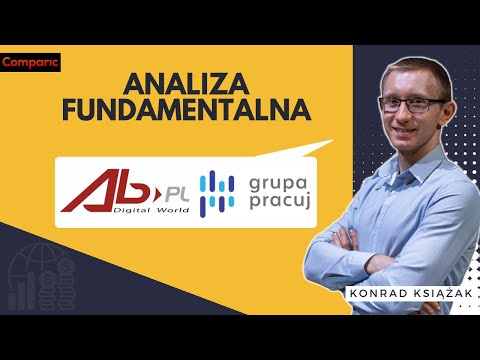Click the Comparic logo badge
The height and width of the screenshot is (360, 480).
(31, 62)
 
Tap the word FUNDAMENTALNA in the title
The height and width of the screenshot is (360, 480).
(185, 109)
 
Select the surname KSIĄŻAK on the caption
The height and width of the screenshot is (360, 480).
(433, 294)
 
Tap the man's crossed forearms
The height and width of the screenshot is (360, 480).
(380, 244)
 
